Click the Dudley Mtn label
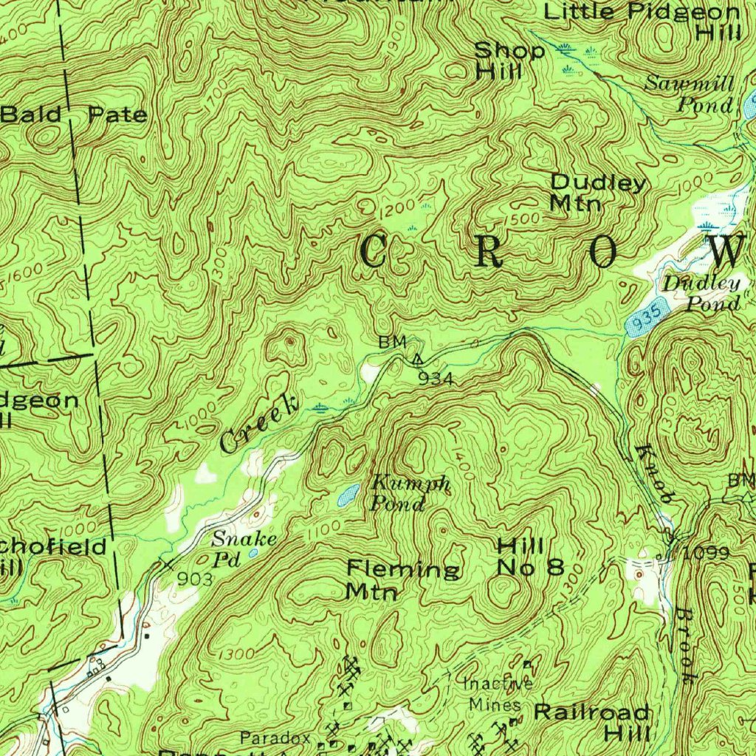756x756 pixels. pyautogui.click(x=598, y=192)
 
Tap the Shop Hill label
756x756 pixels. pyautogui.click(x=509, y=61)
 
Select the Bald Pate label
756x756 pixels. pyautogui.click(x=74, y=114)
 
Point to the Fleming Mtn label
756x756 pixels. pyautogui.click(x=403, y=580)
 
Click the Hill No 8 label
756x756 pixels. pyautogui.click(x=530, y=557)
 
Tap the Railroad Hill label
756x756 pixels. pyautogui.click(x=592, y=723)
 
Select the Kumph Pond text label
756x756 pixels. pyautogui.click(x=409, y=494)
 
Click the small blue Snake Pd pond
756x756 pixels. pyautogui.click(x=253, y=552)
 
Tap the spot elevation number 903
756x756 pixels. pyautogui.click(x=195, y=580)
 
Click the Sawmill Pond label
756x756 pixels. pyautogui.click(x=690, y=94)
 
